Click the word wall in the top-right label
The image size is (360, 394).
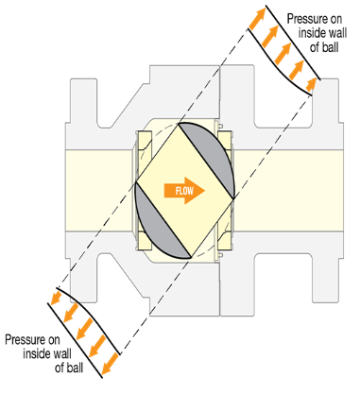(x=330, y=31)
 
